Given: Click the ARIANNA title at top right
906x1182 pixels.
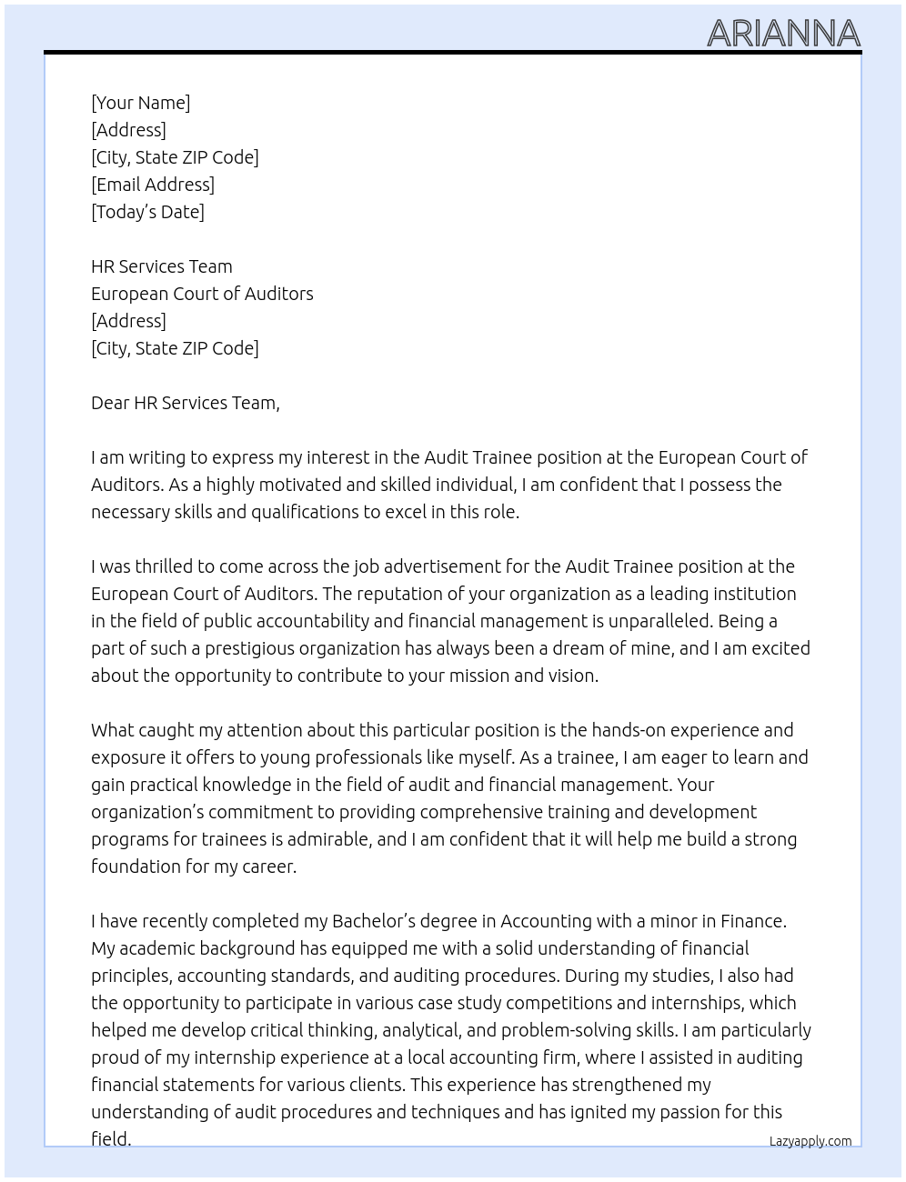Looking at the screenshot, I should click(x=783, y=34).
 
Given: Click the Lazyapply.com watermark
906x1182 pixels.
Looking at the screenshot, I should click(x=810, y=1141).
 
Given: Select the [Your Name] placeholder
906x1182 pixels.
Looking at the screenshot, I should click(x=140, y=103).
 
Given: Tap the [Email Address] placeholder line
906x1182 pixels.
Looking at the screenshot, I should click(x=153, y=185).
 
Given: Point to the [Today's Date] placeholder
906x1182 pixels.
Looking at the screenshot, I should click(x=147, y=212).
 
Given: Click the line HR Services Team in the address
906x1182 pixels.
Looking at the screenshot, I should click(x=161, y=266).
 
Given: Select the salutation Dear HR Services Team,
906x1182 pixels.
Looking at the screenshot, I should click(x=185, y=403).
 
